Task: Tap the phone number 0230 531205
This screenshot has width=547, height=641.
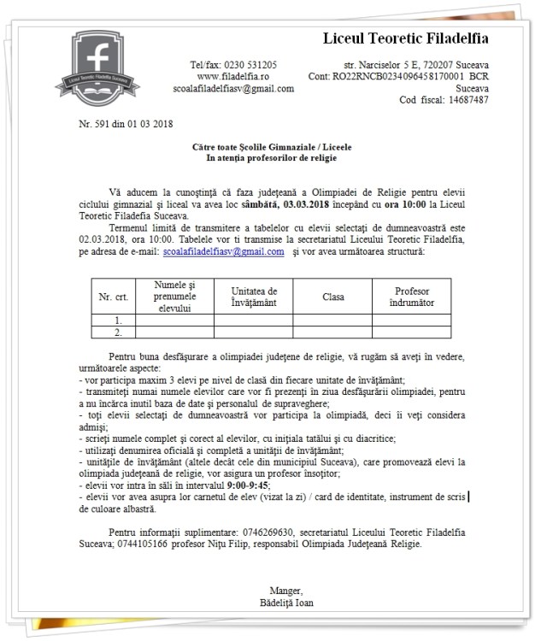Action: [x=245, y=65]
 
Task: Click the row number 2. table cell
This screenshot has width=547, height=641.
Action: [x=118, y=332]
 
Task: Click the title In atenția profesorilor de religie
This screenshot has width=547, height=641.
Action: [x=272, y=158]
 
